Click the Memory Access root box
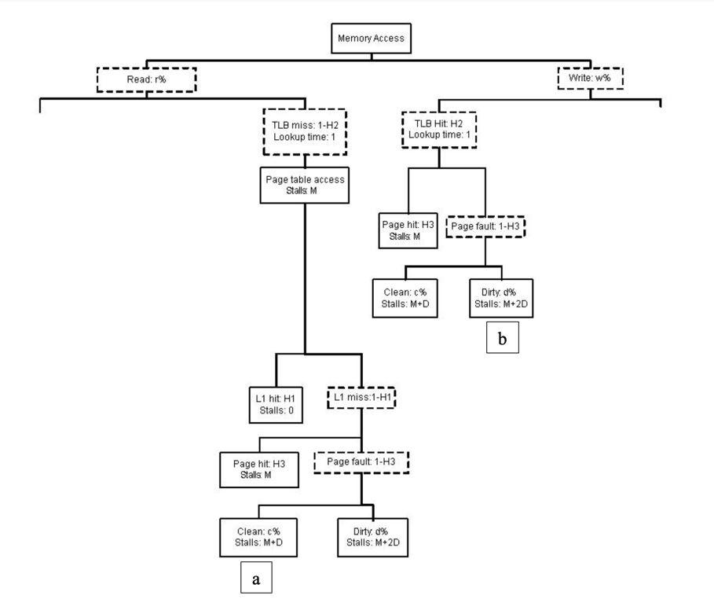click(x=371, y=38)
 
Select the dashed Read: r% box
click(x=145, y=79)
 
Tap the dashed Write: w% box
click(x=589, y=79)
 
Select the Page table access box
click(x=304, y=184)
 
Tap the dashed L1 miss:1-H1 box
click(x=361, y=398)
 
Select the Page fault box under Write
click(x=485, y=226)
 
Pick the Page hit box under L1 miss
click(x=259, y=469)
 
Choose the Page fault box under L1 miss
click(x=361, y=461)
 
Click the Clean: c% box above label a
click(x=259, y=536)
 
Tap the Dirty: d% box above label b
click(x=500, y=297)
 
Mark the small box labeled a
click(x=256, y=579)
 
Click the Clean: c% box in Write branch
click(x=405, y=297)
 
